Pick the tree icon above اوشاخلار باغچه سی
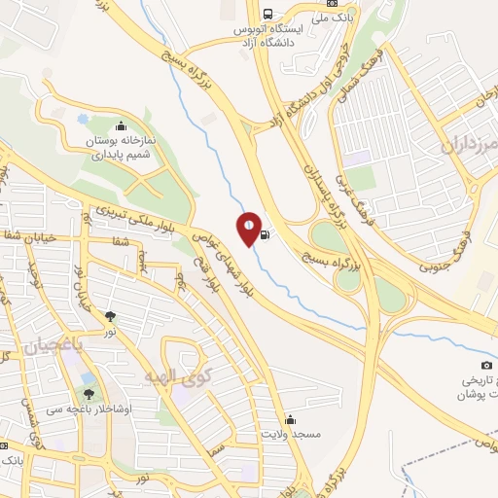pos(89,394)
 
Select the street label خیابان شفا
pos(28,235)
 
